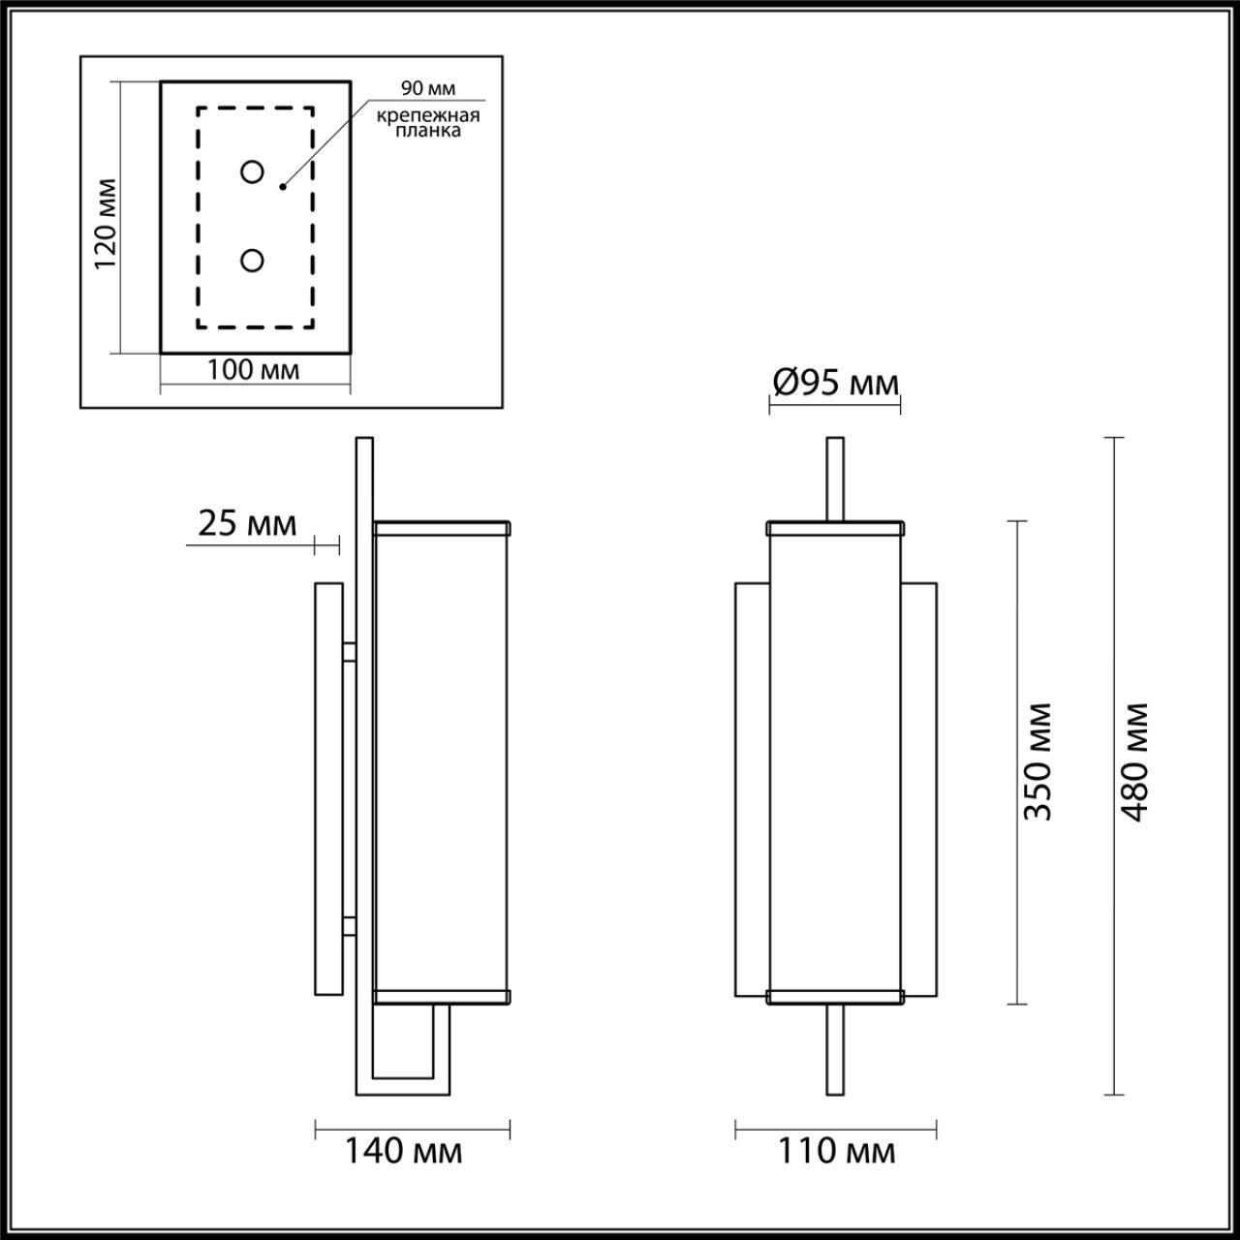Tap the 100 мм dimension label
254,369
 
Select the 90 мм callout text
428,89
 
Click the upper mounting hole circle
252,172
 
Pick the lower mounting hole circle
252,261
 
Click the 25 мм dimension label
247,523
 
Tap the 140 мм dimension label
404,1152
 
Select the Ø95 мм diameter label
835,384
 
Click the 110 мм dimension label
836,1152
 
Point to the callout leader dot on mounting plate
283,185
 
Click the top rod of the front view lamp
834,480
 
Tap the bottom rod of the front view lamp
834,1051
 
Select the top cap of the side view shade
443,528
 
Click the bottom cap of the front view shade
834,996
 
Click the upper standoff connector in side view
349,651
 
